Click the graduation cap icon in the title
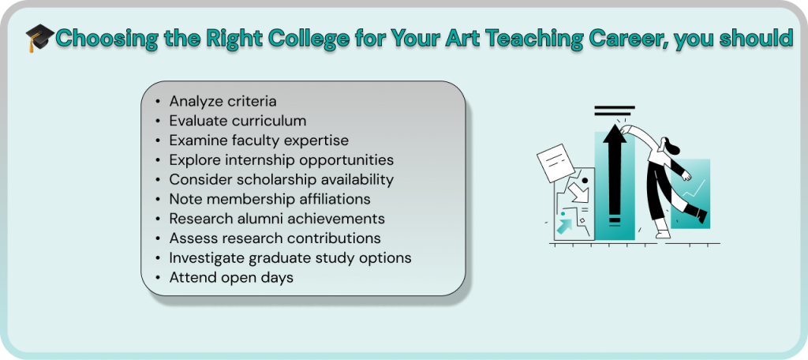[x=39, y=38]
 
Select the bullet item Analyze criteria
[x=223, y=101]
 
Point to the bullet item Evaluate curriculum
[x=238, y=121]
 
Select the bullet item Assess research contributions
[x=275, y=238]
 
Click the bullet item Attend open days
[x=231, y=277]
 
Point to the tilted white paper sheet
[x=555, y=163]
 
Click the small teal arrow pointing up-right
[x=565, y=226]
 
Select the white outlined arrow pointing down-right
[x=578, y=193]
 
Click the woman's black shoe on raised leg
[x=701, y=216]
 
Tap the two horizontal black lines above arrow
[x=614, y=111]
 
